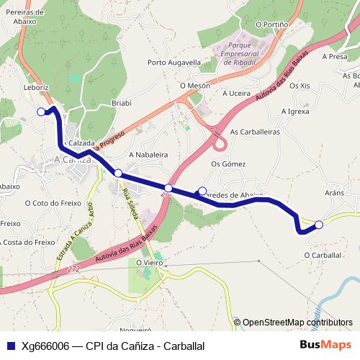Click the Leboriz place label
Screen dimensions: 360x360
(x=35, y=87)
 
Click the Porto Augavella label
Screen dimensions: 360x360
(x=174, y=63)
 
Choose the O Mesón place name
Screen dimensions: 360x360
(x=194, y=85)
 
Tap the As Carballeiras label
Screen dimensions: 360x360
(x=255, y=132)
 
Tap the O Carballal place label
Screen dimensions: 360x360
(x=322, y=255)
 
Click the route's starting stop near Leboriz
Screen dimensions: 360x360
(x=41, y=112)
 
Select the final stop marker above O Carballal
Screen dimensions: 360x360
(x=319, y=225)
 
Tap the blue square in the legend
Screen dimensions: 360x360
(x=11, y=346)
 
